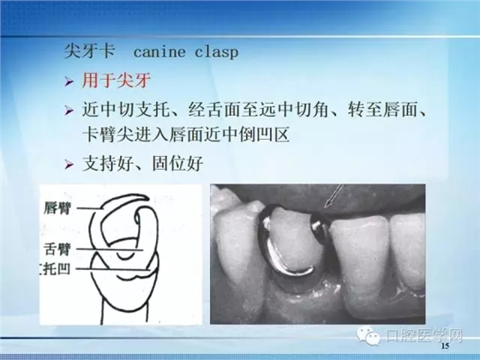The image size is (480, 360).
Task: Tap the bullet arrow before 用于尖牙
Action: tap(70, 82)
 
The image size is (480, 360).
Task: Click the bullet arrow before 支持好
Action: tap(70, 163)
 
